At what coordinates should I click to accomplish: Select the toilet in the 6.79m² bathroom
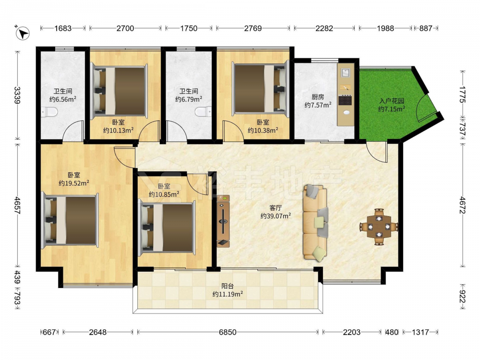click(204, 111)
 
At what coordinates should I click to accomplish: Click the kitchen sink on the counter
click(346, 73)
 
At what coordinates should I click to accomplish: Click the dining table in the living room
click(379, 227)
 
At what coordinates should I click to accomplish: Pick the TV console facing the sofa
click(223, 221)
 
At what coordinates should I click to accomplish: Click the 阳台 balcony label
click(228, 286)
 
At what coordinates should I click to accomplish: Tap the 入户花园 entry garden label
click(392, 101)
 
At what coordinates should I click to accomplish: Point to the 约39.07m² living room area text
click(276, 216)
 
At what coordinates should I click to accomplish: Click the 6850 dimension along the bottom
click(228, 332)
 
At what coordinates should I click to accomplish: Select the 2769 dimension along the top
click(253, 28)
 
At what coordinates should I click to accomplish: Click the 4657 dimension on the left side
click(17, 205)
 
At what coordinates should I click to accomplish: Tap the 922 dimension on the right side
click(463, 297)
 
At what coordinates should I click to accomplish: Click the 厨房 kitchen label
click(318, 97)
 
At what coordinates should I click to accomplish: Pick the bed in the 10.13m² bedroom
click(120, 91)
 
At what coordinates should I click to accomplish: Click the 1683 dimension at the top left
click(63, 28)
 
